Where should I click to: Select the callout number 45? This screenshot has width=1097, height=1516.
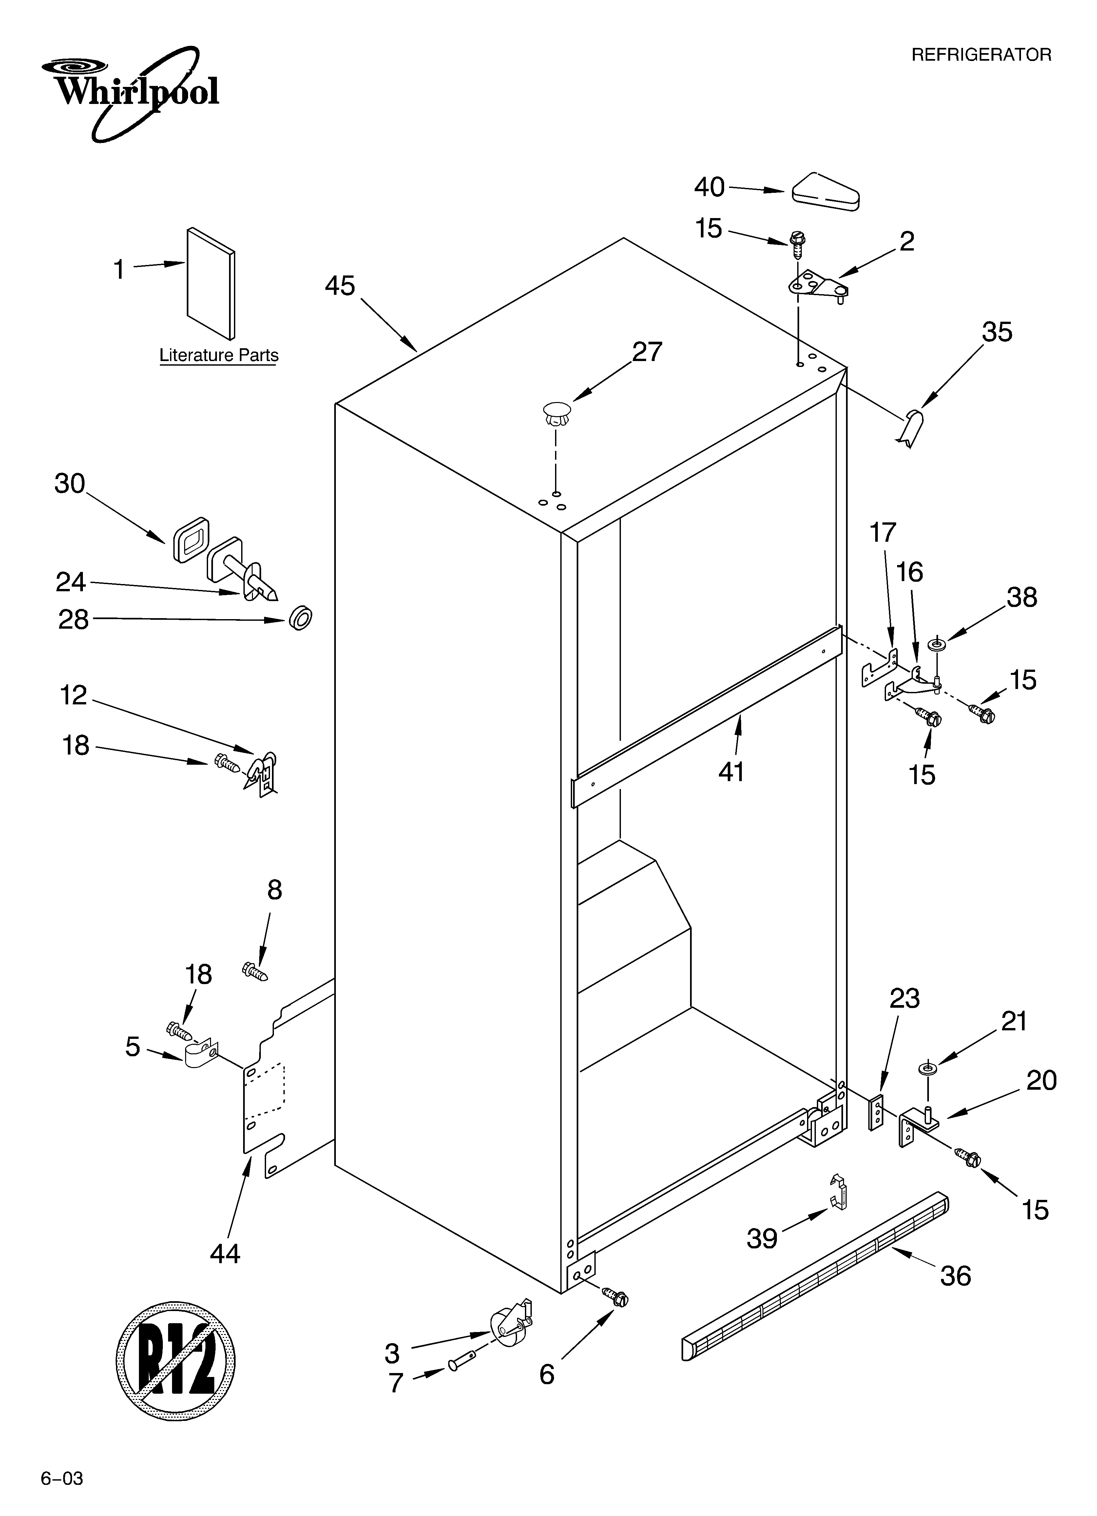click(x=340, y=286)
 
